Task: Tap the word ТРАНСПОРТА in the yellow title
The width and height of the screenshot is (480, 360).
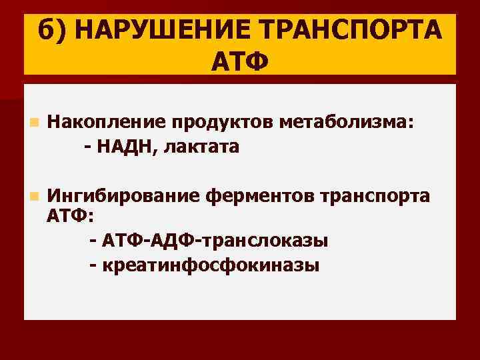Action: pyautogui.click(x=349, y=31)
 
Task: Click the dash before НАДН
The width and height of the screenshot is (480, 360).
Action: pyautogui.click(x=89, y=147)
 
